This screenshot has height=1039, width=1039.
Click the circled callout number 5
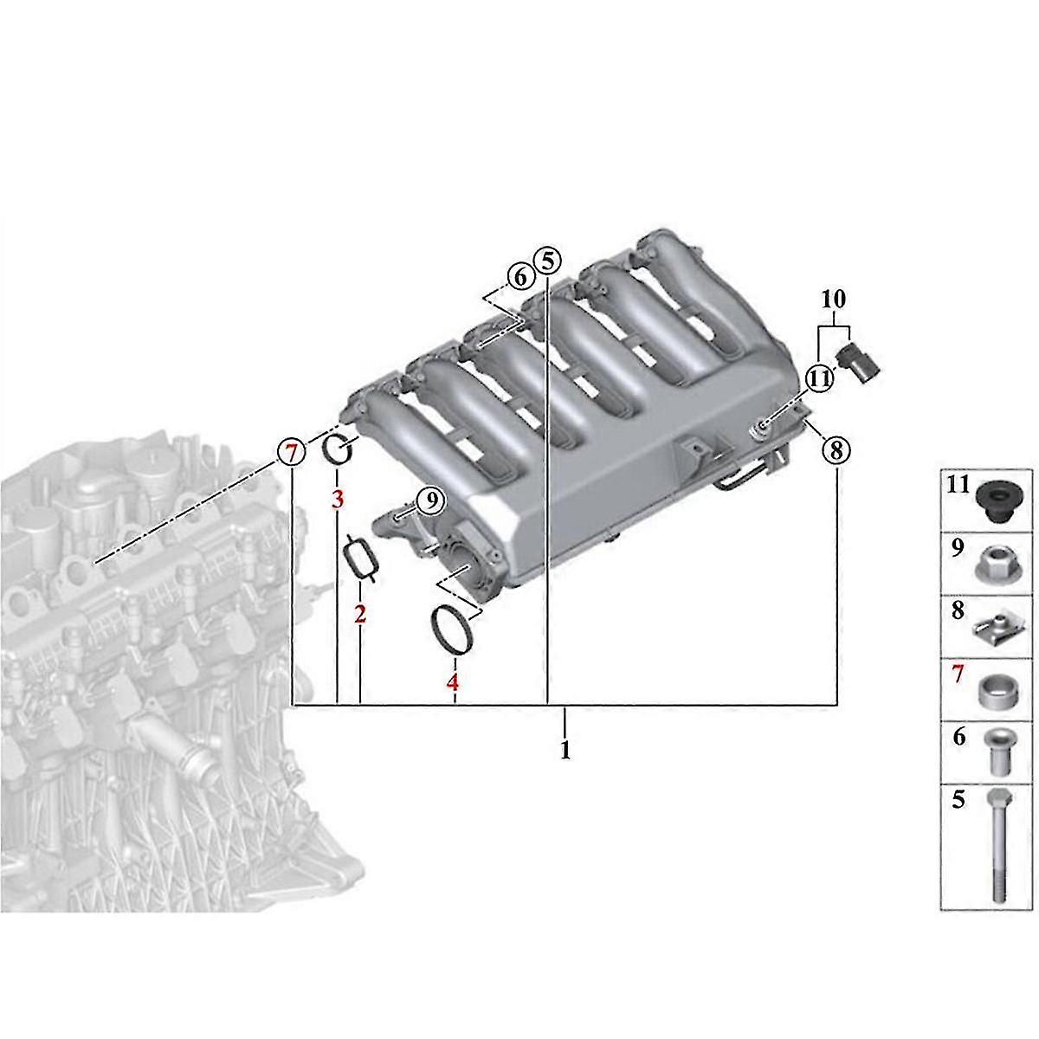(x=547, y=261)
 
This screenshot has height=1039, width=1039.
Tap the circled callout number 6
(x=519, y=278)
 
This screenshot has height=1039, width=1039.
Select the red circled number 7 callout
(x=291, y=452)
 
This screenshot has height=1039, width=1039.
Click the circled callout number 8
(x=836, y=449)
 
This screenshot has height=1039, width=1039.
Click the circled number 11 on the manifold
(x=820, y=379)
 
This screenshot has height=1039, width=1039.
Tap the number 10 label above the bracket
(x=834, y=299)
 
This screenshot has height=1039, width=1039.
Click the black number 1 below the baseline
(x=565, y=751)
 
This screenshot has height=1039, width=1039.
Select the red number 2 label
(x=359, y=614)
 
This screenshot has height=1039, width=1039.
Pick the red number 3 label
(x=338, y=500)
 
